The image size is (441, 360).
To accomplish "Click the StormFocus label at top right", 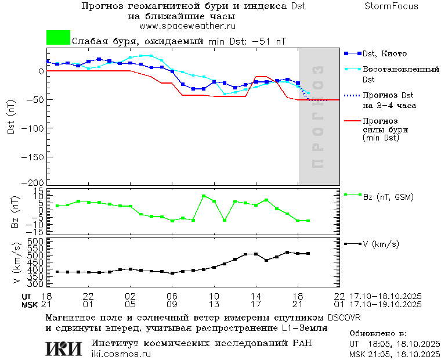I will point(391,6).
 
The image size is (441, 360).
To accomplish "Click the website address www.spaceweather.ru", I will point(187,26).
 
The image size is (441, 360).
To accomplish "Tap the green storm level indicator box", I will point(58,38).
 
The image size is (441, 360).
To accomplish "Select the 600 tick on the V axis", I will point(37,241).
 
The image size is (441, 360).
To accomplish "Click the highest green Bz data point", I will point(204,196).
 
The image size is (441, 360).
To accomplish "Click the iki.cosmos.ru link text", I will point(121,354).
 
